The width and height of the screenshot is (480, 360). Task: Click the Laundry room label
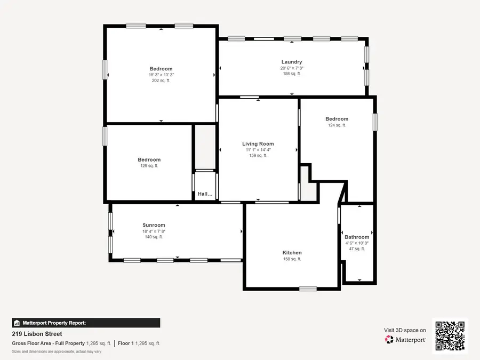tap(292, 62)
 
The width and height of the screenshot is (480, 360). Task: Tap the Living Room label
tap(258, 144)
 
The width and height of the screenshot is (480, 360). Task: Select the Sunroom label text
tap(154, 225)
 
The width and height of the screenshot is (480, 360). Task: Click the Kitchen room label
tap(292, 253)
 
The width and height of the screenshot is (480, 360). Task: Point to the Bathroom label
tap(356, 237)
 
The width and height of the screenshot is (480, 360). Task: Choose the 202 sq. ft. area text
tap(161, 81)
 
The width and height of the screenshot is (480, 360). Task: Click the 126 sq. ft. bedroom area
tap(149, 166)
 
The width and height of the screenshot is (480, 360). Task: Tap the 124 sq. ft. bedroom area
tap(337, 125)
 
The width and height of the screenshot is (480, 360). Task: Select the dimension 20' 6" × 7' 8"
tap(292, 68)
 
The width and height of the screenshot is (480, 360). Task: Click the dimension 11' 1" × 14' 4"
tap(258, 150)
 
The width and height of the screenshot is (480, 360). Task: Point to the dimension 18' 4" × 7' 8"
tap(154, 231)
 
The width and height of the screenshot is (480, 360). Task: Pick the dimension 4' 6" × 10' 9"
tap(356, 243)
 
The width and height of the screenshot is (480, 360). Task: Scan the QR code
tap(450, 335)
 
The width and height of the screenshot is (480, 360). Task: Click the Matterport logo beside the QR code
tap(405, 340)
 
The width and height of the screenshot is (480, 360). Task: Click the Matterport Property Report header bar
tap(86, 323)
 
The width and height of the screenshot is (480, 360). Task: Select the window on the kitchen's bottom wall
tap(308, 289)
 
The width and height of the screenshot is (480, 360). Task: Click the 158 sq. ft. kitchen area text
tap(292, 259)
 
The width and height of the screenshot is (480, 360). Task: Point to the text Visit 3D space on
tap(405, 330)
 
